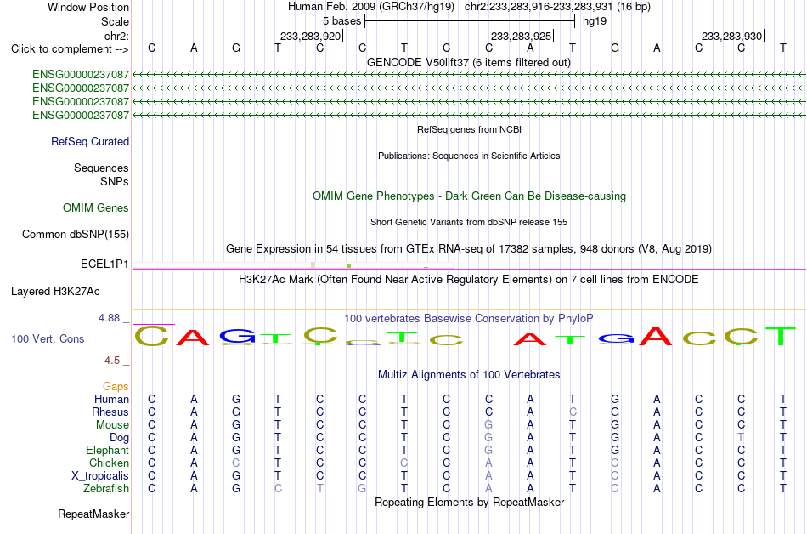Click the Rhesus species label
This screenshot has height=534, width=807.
pos(110,412)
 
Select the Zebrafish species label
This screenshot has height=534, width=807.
pos(106,488)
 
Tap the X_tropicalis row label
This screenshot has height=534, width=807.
pos(100,476)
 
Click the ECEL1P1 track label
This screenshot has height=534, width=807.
pos(104,264)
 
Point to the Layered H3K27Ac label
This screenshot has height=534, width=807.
pos(55,292)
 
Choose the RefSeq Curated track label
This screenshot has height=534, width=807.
pos(90,142)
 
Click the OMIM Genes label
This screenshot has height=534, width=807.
pos(96,208)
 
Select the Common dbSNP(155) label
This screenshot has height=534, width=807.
pos(76,235)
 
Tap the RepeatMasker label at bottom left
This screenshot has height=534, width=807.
pos(93,514)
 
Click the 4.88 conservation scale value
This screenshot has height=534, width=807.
pos(109,318)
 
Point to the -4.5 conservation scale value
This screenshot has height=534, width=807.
pos(110,361)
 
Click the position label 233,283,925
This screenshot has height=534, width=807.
pos(522,36)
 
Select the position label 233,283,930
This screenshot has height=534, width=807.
pos(731,36)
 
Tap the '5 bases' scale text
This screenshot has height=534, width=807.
pos(342,21)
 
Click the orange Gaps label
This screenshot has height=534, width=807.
pos(116,386)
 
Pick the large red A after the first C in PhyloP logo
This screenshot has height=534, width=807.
pos(193,338)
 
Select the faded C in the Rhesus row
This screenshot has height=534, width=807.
pos(573,412)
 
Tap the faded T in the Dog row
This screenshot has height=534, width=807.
pos(741,438)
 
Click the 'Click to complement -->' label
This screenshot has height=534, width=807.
pos(70,49)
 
